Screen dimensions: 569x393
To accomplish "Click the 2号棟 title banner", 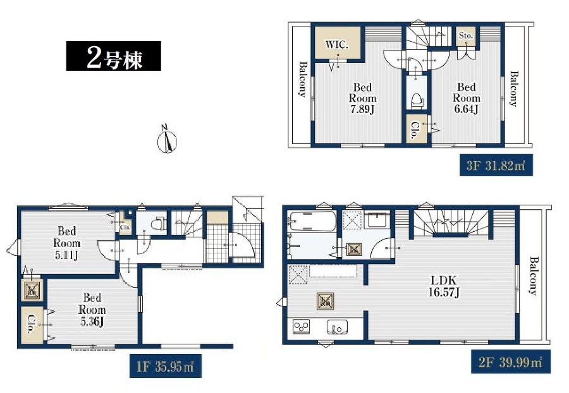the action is [x=114, y=56].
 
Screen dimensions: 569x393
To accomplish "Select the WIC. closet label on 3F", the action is [x=337, y=45].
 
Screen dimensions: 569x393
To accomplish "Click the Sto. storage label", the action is [x=466, y=35].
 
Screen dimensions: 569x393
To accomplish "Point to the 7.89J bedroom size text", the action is [x=362, y=109].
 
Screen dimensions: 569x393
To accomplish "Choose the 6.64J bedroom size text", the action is [x=467, y=109].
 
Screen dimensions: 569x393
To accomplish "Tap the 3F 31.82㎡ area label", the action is [x=496, y=166].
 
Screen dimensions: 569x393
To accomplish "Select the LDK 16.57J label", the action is [x=444, y=286].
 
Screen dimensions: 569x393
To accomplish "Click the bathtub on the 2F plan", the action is [x=311, y=222].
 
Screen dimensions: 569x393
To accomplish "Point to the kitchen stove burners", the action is [x=301, y=326].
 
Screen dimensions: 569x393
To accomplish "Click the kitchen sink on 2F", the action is [x=338, y=327].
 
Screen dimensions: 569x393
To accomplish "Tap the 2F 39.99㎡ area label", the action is [x=511, y=362].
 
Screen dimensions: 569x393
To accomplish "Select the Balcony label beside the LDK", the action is [x=533, y=275].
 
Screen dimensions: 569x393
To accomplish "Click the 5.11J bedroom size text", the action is [x=66, y=255].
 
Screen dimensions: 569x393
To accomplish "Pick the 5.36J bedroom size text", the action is [x=92, y=321].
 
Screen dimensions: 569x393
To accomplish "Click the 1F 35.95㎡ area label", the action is [x=165, y=366].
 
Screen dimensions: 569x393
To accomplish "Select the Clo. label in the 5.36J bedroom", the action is [x=32, y=323].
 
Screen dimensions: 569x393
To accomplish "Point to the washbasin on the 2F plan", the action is [x=377, y=220].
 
